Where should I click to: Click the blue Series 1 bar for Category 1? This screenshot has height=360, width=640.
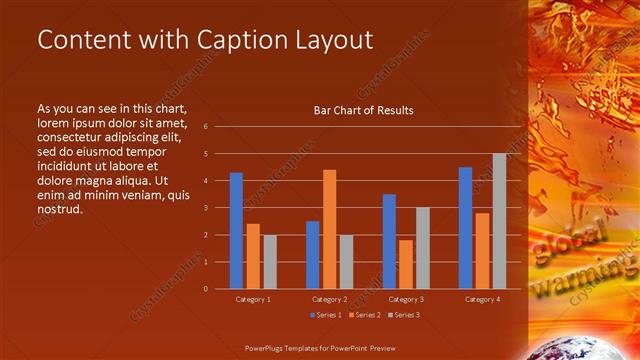tap(236, 231)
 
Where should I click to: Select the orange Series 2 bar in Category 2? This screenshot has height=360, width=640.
tap(329, 229)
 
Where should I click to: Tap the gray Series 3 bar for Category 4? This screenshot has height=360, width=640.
tap(499, 221)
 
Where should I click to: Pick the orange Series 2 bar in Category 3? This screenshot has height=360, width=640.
tap(406, 264)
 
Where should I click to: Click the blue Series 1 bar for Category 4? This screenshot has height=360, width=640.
tap(465, 228)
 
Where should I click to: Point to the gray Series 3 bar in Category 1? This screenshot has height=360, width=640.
tap(269, 262)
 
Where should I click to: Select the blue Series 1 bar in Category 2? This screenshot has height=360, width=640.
tap(313, 255)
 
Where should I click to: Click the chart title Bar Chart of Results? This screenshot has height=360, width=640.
tap(364, 110)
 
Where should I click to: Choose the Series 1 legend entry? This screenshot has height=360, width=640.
tap(327, 314)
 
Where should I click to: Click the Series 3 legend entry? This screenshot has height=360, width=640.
tap(403, 314)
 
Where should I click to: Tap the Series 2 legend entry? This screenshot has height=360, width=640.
tap(365, 314)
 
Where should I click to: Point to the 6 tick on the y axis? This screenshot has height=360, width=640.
tap(204, 127)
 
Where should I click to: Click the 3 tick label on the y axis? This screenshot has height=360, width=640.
tap(204, 208)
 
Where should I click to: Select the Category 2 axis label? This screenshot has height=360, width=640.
tap(329, 299)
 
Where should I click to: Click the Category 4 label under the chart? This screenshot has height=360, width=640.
tap(482, 299)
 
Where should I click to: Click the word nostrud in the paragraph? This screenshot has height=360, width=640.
tap(60, 209)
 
